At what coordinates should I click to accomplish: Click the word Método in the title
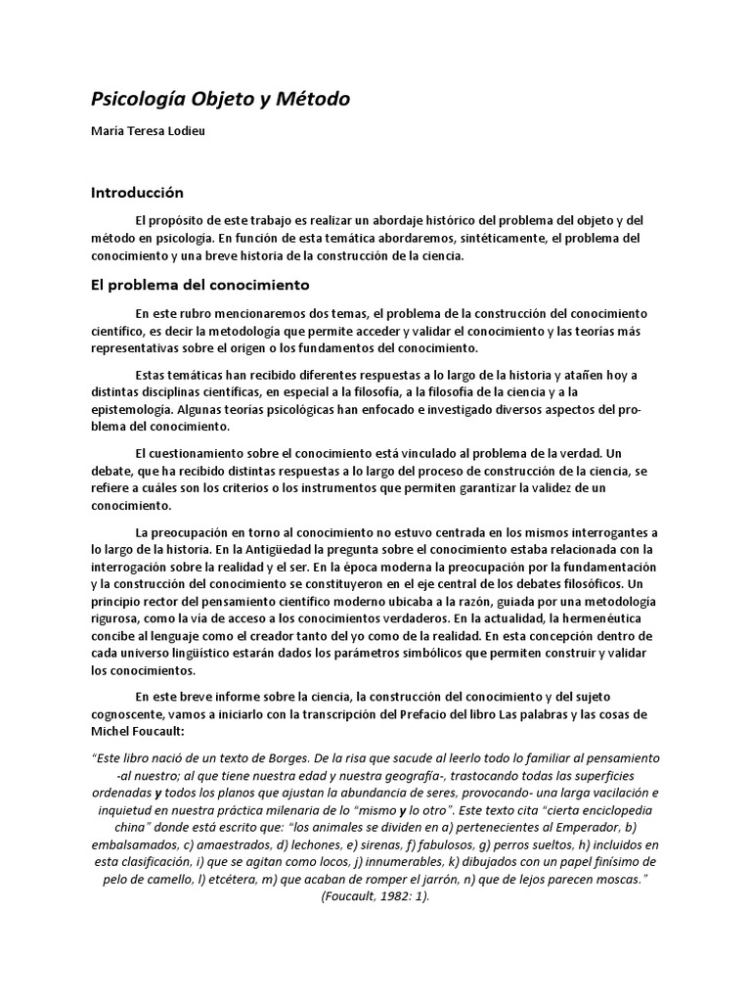[313, 100]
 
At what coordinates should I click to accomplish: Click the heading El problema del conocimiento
[200, 286]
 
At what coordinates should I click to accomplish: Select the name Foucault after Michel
[169, 732]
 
